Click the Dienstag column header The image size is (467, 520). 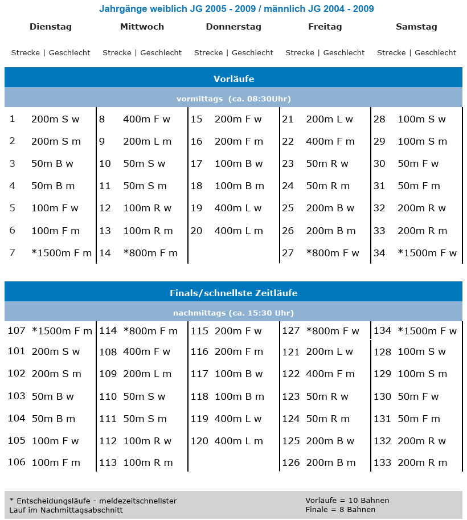click(x=51, y=27)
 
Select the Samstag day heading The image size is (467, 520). click(x=416, y=27)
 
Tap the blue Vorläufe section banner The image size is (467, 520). click(x=233, y=79)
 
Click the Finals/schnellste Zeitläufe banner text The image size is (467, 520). click(x=233, y=293)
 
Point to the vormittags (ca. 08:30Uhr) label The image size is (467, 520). click(x=233, y=99)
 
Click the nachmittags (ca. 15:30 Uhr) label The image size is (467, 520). click(x=233, y=313)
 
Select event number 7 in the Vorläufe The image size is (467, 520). click(x=13, y=252)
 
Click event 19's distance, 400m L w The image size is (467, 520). click(x=238, y=208)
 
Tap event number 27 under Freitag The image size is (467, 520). click(x=288, y=253)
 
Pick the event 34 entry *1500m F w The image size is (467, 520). click(x=427, y=253)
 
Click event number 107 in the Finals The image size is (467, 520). click(x=17, y=330)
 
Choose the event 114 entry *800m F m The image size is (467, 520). click(x=150, y=331)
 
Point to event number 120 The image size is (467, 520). click(x=199, y=441)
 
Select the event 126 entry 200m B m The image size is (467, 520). click(x=330, y=463)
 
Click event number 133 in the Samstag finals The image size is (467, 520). click(x=382, y=463)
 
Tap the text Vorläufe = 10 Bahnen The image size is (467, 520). click(x=347, y=501)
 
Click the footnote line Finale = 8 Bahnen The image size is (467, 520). click(x=340, y=509)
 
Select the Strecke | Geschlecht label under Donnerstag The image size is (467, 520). click(x=233, y=52)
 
